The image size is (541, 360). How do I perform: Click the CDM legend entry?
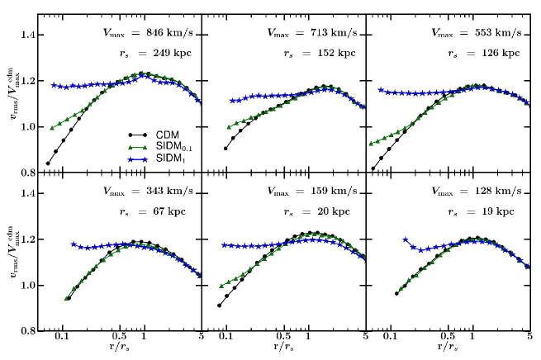point(161,135)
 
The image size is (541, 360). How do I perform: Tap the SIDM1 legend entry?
point(164,158)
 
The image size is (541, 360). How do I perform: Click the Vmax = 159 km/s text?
point(312,192)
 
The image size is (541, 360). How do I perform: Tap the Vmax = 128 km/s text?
point(477,192)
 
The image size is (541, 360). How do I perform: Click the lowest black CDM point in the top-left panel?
point(48,163)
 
